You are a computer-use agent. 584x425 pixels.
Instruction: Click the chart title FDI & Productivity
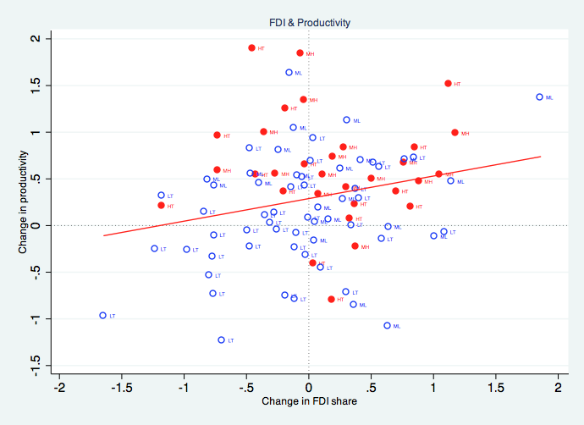pyautogui.click(x=308, y=23)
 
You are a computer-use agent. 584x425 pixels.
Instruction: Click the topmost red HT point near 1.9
pyautogui.click(x=251, y=48)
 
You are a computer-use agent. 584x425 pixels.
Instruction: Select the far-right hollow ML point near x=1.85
pyautogui.click(x=539, y=97)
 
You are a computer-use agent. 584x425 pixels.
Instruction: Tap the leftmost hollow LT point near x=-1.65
pyautogui.click(x=102, y=315)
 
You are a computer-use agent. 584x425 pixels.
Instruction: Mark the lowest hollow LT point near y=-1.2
pyautogui.click(x=221, y=339)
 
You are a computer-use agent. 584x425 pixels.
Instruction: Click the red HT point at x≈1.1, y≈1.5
pyautogui.click(x=448, y=83)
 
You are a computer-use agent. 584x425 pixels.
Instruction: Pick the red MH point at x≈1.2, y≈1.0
pyautogui.click(x=455, y=132)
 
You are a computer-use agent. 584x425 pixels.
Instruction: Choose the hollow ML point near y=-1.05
pyautogui.click(x=387, y=325)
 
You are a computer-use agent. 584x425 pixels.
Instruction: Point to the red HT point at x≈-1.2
pyautogui.click(x=161, y=205)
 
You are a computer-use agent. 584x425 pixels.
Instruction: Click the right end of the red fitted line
pyautogui.click(x=540, y=157)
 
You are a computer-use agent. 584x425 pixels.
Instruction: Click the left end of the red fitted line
pyautogui.click(x=103, y=235)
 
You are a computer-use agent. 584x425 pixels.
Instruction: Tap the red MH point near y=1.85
pyautogui.click(x=300, y=53)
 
